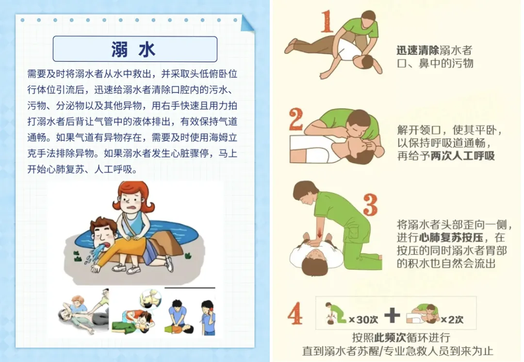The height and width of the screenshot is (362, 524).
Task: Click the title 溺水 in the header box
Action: [x=133, y=49]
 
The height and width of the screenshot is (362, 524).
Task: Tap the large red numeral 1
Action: [x=327, y=21]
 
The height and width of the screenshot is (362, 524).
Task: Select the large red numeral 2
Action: [x=296, y=119]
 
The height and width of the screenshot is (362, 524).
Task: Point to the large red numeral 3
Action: [x=370, y=205]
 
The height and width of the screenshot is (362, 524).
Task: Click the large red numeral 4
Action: [x=295, y=313]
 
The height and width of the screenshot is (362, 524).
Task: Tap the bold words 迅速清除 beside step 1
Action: [x=418, y=51]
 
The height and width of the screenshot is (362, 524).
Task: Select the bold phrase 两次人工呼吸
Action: [x=462, y=156]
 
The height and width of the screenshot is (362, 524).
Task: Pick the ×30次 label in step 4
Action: [x=363, y=320]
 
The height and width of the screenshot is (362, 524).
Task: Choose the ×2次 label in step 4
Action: [x=452, y=320]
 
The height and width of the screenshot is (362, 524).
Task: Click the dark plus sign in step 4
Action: [x=392, y=315]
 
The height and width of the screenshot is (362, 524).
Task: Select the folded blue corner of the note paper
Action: [x=247, y=23]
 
